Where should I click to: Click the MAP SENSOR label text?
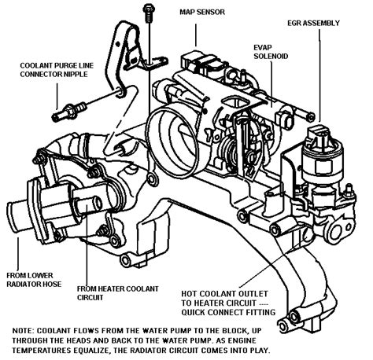pos(202,12)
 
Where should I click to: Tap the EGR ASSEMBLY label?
pos(313,23)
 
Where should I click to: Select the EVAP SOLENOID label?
pos(271,52)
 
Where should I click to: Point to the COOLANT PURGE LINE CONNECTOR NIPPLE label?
pos(57,70)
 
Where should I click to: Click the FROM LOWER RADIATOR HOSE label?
pos(34,280)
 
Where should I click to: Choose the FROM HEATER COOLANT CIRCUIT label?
pos(118,293)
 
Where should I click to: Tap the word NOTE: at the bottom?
pos(23,331)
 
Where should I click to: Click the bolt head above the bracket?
pos(149,9)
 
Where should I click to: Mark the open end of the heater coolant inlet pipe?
pos(95,203)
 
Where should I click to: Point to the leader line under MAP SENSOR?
pos(196,35)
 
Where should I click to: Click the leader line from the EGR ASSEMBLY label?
pos(319,75)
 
